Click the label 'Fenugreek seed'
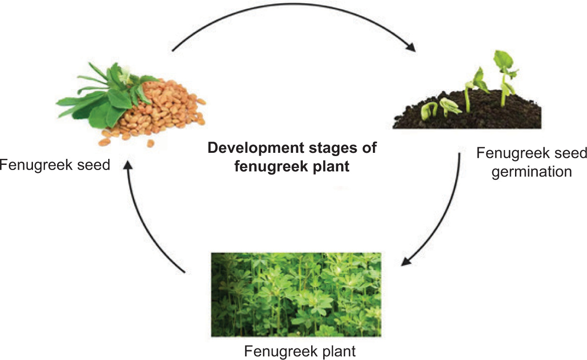55,165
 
